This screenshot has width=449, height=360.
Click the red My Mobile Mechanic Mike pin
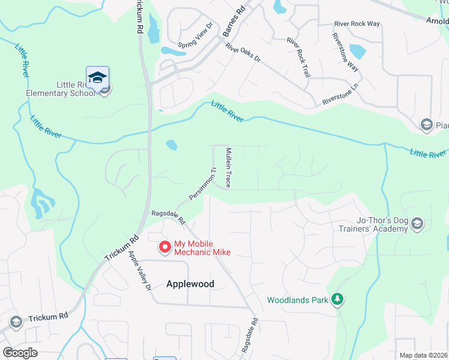(x=164, y=247)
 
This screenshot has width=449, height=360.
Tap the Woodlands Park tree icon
(x=338, y=299)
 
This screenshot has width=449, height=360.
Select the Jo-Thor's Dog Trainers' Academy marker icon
(x=418, y=224)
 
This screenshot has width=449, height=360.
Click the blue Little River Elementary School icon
(x=97, y=77)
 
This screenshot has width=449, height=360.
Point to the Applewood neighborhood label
(x=190, y=284)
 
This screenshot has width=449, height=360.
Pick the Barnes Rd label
(x=234, y=23)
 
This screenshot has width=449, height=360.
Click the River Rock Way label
(x=357, y=24)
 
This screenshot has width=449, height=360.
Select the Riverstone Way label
(x=345, y=52)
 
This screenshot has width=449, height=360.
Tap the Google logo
(x=20, y=353)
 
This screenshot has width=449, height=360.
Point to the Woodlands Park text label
(x=298, y=299)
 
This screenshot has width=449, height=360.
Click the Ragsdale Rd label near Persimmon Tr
(x=169, y=214)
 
